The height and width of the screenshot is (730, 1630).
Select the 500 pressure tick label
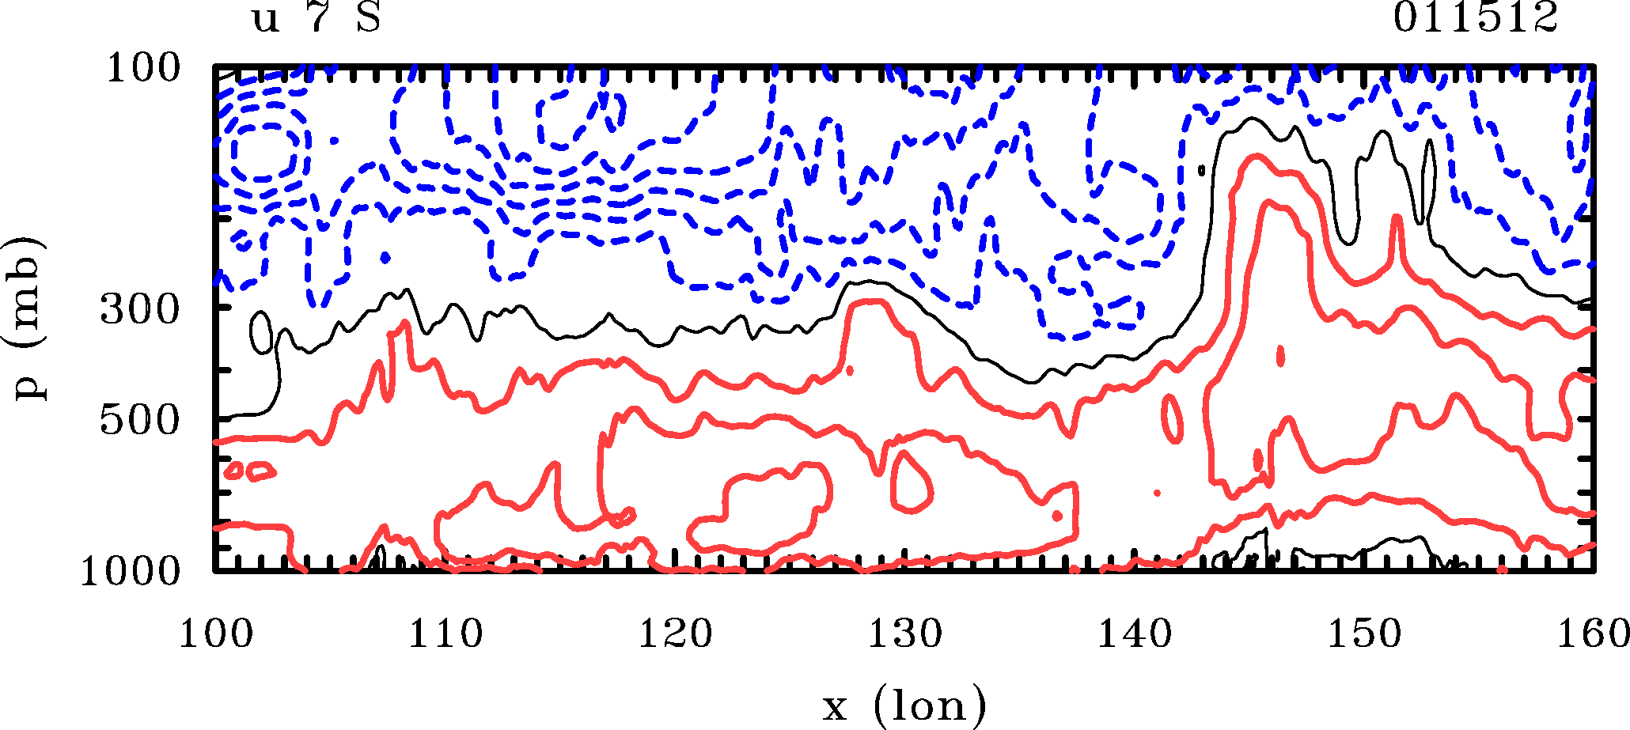click(x=140, y=420)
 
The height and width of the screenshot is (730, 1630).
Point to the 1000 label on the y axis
click(x=131, y=571)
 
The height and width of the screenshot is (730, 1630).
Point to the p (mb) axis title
click(x=29, y=318)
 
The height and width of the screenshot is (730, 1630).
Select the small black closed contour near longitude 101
click(x=261, y=332)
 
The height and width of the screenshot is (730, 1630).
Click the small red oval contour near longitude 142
click(x=1173, y=418)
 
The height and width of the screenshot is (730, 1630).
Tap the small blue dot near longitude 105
click(x=335, y=141)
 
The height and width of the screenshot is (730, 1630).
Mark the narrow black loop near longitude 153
click(x=1427, y=182)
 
